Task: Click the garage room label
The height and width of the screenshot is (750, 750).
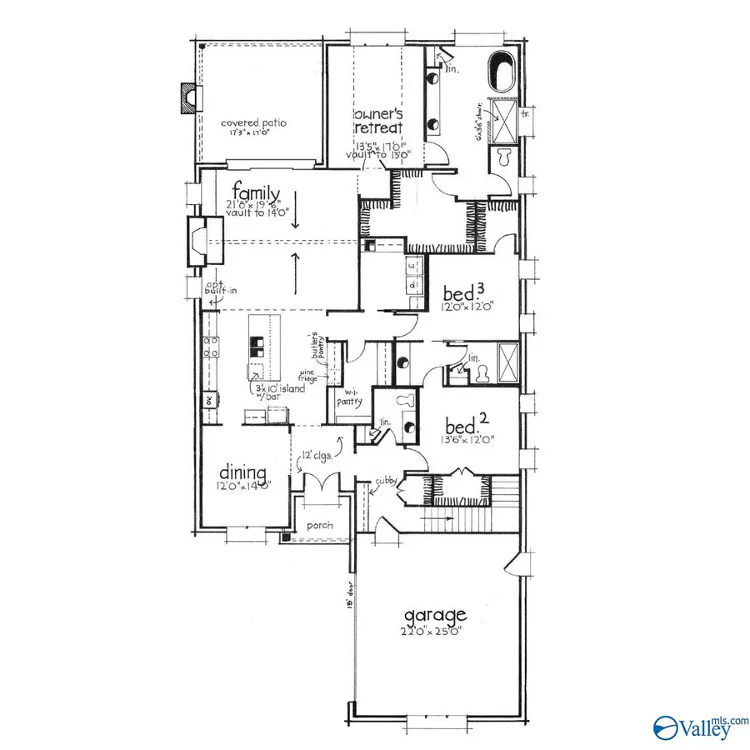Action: (x=435, y=616)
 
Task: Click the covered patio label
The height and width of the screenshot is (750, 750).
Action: (x=253, y=122)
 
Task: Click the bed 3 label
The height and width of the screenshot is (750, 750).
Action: (x=463, y=293)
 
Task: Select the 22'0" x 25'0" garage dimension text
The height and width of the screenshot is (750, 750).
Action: (x=433, y=631)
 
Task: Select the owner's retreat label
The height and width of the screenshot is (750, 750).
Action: (x=377, y=121)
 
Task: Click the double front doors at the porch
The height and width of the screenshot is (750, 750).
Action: (x=320, y=484)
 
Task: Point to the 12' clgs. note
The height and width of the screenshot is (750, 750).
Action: (x=317, y=455)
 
